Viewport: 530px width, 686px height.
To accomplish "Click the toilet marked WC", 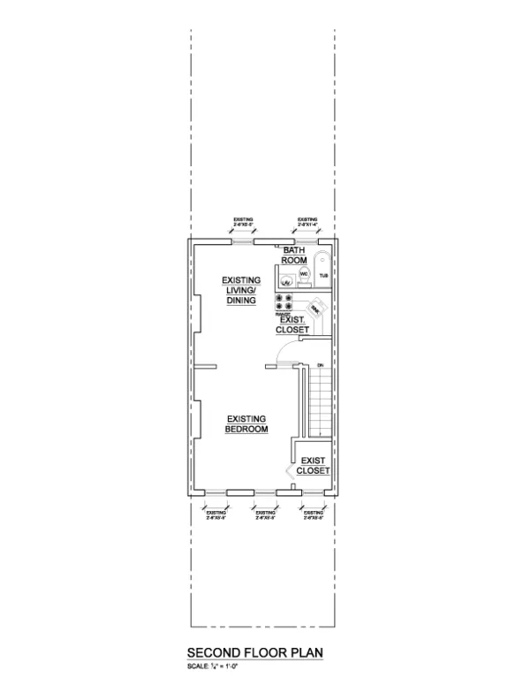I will [x=303, y=276].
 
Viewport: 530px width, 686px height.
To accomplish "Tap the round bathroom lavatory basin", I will [x=285, y=282].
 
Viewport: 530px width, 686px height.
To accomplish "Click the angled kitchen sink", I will [x=316, y=308].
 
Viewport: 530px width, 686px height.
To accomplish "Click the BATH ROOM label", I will [x=294, y=255].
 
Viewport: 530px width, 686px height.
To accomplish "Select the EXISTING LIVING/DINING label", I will [x=240, y=290].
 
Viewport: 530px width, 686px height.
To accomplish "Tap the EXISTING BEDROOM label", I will [x=247, y=423].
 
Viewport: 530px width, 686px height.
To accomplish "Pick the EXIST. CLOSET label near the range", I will [x=293, y=324].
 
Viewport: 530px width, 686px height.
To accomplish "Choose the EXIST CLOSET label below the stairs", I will [x=314, y=466].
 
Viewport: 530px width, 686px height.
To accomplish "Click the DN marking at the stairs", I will [x=321, y=365].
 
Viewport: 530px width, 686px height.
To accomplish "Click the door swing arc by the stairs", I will [x=284, y=355].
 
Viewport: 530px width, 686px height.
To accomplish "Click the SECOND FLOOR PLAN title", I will [x=255, y=653].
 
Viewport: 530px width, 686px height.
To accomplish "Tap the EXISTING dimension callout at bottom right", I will [x=313, y=514].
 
